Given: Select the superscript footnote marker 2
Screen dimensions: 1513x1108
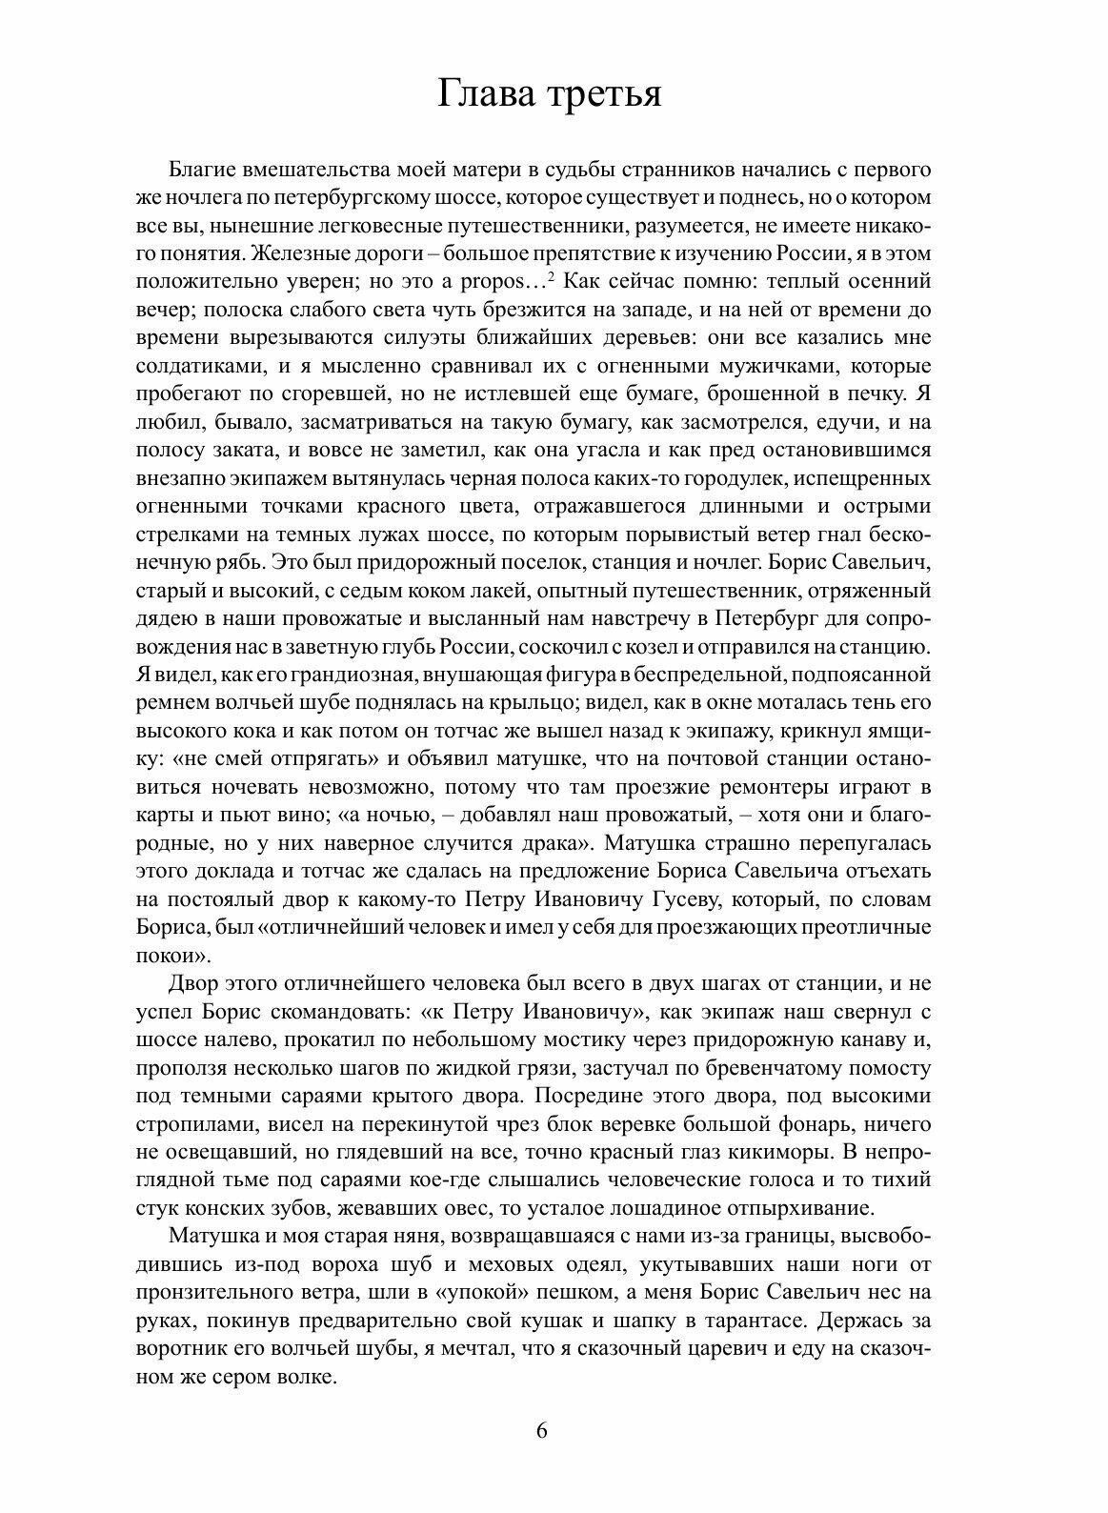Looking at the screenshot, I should click(x=552, y=277).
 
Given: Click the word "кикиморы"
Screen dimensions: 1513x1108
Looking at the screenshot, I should click(x=830, y=1153).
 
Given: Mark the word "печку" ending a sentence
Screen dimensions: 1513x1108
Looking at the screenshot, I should click(x=861, y=393).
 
